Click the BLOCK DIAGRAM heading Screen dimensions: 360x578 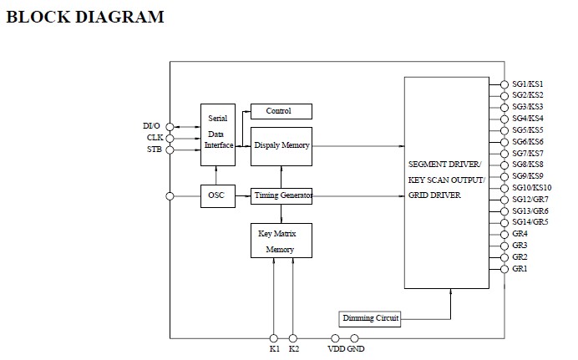pyautogui.click(x=84, y=17)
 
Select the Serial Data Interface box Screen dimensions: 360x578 pyautogui.click(x=217, y=132)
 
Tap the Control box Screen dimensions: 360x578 pyautogui.click(x=281, y=111)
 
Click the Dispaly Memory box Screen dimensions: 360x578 pyautogui.click(x=281, y=145)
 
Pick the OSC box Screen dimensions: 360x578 pyautogui.click(x=215, y=195)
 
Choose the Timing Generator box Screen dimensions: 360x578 pyautogui.click(x=281, y=195)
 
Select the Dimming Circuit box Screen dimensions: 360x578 pyautogui.click(x=370, y=318)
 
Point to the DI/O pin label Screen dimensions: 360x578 pyautogui.click(x=153, y=126)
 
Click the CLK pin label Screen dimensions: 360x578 pyautogui.click(x=155, y=138)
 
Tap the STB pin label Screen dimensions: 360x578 pyautogui.click(x=155, y=150)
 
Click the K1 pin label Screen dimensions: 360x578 pyautogui.click(x=274, y=349)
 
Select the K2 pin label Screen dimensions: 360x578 pyautogui.click(x=294, y=349)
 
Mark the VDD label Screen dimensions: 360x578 pyautogui.click(x=336, y=349)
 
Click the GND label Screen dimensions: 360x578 pyautogui.click(x=356, y=349)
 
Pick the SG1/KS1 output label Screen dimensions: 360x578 pyautogui.click(x=528, y=84)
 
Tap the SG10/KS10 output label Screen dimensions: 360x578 pyautogui.click(x=531, y=188)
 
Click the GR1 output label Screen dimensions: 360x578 pyautogui.click(x=520, y=269)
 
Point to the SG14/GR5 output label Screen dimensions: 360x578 pyautogui.click(x=529, y=222)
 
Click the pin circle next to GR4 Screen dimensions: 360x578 pyautogui.click(x=504, y=235)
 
